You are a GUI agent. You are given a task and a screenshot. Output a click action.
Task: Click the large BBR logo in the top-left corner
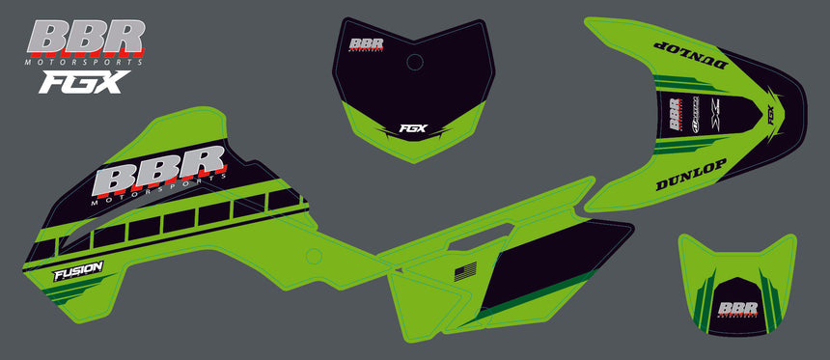(87, 37)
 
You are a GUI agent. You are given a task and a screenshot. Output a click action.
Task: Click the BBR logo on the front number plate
(367, 44)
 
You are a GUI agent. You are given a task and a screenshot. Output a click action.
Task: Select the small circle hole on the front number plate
(415, 64)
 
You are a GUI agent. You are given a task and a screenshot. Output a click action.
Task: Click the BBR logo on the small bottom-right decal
(738, 309)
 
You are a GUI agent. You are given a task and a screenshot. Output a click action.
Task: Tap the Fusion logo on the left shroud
(78, 273)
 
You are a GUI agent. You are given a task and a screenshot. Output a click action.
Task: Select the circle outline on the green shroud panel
(312, 256)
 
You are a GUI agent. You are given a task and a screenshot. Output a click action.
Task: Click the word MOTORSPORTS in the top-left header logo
(86, 61)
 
